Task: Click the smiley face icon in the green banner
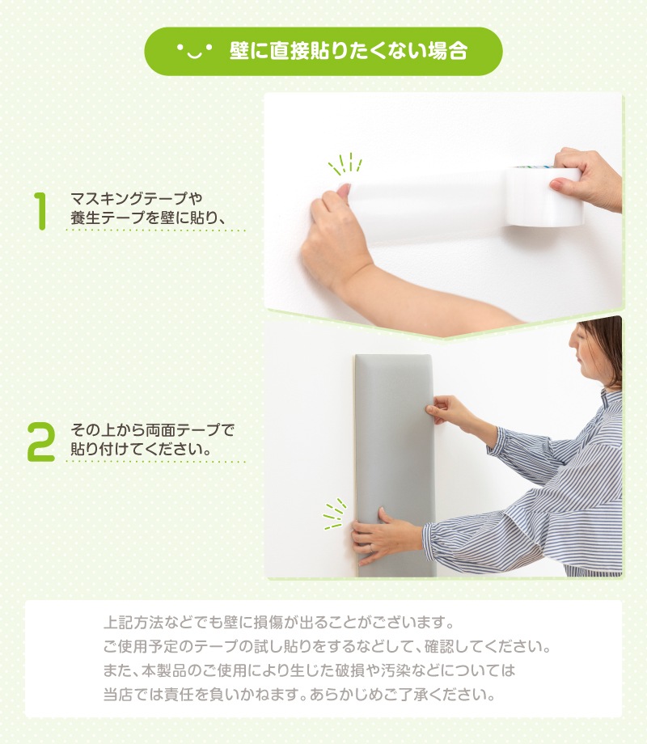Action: [195, 50]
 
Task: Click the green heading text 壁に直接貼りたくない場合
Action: [349, 51]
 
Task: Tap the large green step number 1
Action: [40, 211]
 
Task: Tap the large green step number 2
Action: [40, 442]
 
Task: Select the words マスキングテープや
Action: [136, 198]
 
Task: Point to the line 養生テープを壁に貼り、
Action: [147, 218]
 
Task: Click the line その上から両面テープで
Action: [152, 430]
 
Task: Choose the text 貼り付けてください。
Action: [141, 449]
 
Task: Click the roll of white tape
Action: [543, 196]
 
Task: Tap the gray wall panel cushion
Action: [395, 465]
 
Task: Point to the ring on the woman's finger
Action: [371, 548]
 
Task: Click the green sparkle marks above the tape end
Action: [345, 163]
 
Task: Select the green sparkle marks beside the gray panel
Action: [335, 514]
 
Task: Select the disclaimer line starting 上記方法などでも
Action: [279, 622]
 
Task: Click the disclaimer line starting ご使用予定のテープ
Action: [327, 646]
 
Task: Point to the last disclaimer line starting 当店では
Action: [299, 695]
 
